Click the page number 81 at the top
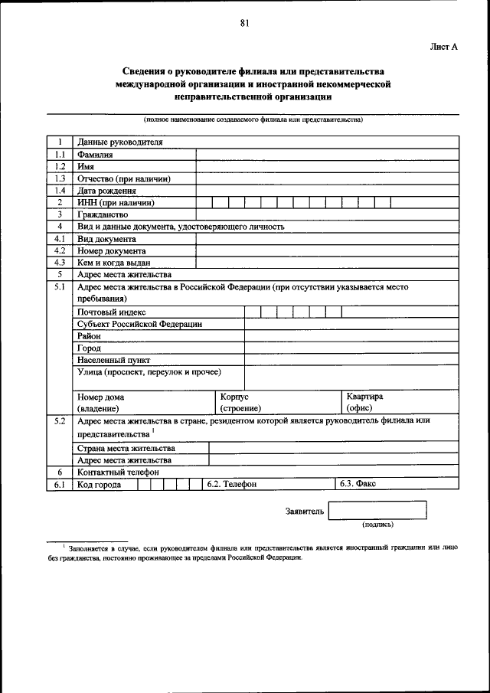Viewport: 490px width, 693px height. (x=244, y=23)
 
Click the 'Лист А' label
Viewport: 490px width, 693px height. (x=443, y=47)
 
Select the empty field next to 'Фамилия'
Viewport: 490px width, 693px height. (x=327, y=154)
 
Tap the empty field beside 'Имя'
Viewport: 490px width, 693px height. (x=327, y=166)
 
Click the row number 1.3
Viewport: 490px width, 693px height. (x=59, y=178)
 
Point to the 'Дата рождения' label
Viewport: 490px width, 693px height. (x=107, y=191)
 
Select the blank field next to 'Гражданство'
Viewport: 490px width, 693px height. (x=327, y=214)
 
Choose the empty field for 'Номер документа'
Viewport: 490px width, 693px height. (x=327, y=250)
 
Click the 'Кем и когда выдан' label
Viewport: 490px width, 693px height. (x=113, y=263)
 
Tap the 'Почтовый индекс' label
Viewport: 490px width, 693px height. (x=111, y=312)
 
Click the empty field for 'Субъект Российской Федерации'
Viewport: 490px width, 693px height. (x=351, y=324)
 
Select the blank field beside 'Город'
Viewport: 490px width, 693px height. (x=351, y=348)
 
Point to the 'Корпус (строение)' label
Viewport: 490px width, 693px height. (x=240, y=403)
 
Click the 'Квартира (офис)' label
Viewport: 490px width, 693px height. (x=364, y=403)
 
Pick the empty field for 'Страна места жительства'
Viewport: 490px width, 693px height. (x=334, y=448)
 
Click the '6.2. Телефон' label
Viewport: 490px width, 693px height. (x=232, y=485)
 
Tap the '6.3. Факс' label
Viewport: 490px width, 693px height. (x=358, y=485)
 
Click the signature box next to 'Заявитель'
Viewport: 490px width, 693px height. (x=377, y=511)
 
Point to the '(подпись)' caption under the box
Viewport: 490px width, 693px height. (x=377, y=525)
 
